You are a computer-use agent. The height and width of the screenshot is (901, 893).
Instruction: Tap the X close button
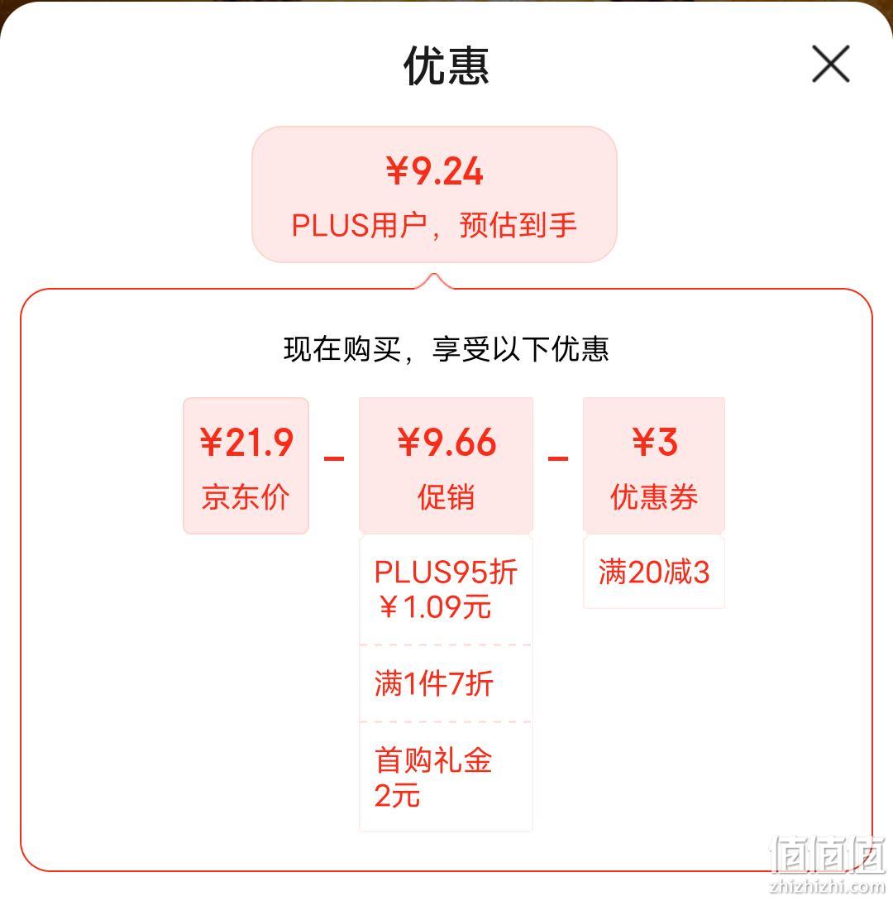pyautogui.click(x=830, y=64)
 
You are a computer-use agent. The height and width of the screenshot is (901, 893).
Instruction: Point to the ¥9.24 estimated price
pyautogui.click(x=434, y=170)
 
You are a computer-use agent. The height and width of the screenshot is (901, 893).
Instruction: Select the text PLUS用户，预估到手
pyautogui.click(x=434, y=225)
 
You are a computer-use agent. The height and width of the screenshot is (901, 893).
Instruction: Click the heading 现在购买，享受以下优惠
pyautogui.click(x=446, y=349)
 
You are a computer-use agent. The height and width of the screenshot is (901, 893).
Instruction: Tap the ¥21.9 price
pyautogui.click(x=246, y=443)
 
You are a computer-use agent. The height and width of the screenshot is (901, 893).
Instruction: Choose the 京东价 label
pyautogui.click(x=246, y=497)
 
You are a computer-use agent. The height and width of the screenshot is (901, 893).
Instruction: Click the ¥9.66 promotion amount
pyautogui.click(x=446, y=443)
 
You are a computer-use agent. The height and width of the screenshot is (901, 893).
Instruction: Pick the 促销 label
pyautogui.click(x=446, y=497)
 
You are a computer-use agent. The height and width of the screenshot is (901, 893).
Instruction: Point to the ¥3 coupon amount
pyautogui.click(x=654, y=443)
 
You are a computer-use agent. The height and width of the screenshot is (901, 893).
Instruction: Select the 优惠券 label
pyautogui.click(x=654, y=497)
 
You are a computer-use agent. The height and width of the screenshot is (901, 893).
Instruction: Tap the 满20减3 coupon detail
pyautogui.click(x=654, y=573)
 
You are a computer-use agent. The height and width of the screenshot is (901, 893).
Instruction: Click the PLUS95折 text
pyautogui.click(x=446, y=573)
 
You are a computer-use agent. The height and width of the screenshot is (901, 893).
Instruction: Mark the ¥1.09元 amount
pyautogui.click(x=435, y=607)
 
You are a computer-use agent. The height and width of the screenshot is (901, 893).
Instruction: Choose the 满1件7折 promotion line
pyautogui.click(x=434, y=683)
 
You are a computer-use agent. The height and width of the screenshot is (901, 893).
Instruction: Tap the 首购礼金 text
pyautogui.click(x=433, y=760)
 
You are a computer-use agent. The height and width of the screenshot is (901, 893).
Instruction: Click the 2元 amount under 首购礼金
pyautogui.click(x=398, y=796)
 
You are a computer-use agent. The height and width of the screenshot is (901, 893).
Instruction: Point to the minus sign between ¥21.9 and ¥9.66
pyautogui.click(x=334, y=458)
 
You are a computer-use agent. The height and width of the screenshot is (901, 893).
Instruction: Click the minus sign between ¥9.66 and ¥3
pyautogui.click(x=558, y=458)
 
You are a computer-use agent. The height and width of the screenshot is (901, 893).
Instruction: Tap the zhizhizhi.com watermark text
pyautogui.click(x=829, y=887)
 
